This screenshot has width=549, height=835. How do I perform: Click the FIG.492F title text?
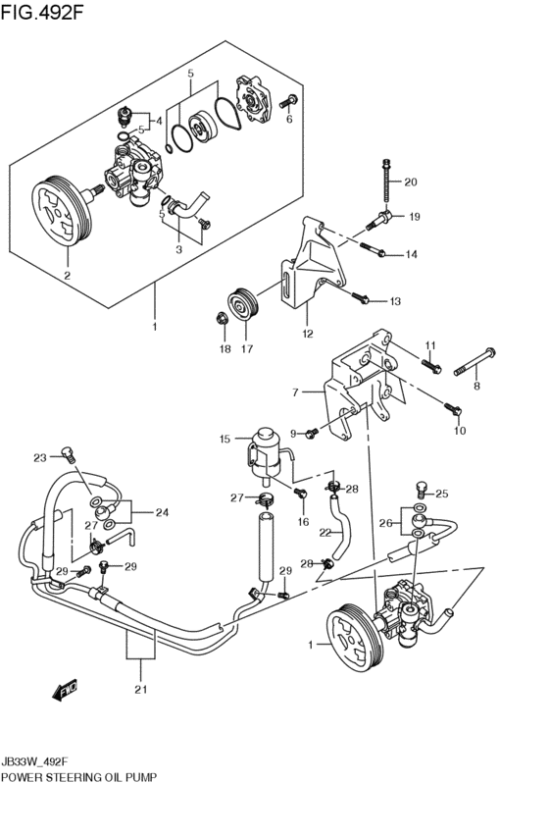click(x=42, y=11)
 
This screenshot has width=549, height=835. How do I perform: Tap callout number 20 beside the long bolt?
click(x=410, y=183)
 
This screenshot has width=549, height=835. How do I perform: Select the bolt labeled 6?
click(x=288, y=100)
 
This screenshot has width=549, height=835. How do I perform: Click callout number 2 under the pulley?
click(x=68, y=276)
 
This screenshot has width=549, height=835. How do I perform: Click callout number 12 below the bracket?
click(x=308, y=334)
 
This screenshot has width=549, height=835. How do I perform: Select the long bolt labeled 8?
click(x=474, y=362)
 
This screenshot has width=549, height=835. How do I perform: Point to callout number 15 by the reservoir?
click(x=225, y=439)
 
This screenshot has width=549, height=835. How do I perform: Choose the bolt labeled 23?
click(x=68, y=453)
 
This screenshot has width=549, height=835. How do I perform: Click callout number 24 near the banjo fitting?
click(x=162, y=513)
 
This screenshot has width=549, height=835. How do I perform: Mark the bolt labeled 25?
click(x=422, y=488)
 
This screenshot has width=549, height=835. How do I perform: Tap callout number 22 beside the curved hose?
click(x=325, y=532)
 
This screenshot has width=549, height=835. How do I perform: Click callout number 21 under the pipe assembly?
click(x=140, y=690)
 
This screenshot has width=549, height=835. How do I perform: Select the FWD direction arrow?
click(x=65, y=689)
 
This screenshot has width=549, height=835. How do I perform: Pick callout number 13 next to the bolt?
click(x=395, y=301)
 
